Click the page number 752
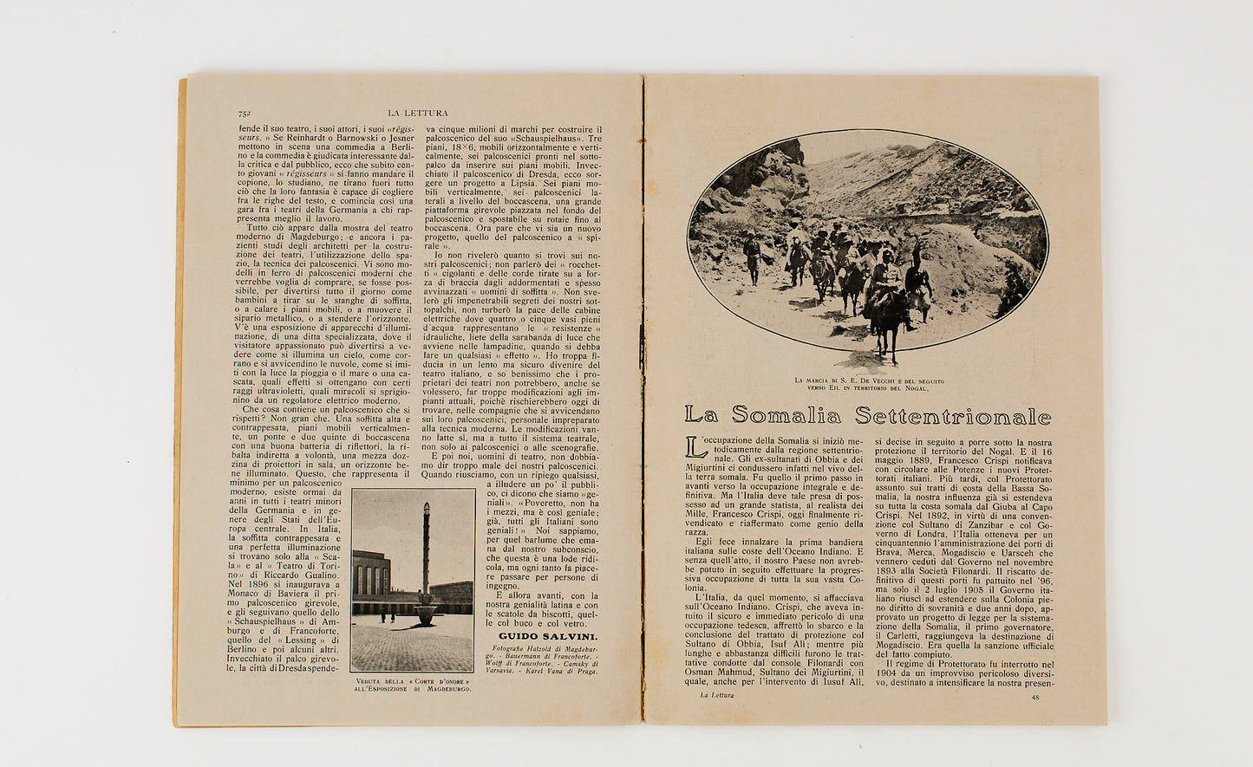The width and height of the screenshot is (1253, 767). coord(245,114)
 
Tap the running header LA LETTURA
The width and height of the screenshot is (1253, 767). coord(418,113)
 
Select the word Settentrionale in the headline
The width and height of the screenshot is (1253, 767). coord(953,416)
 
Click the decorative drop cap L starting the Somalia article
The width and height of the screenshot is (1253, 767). coord(691,447)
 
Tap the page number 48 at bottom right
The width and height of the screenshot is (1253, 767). coord(1034,696)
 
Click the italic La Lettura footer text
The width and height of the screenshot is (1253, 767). coord(716,695)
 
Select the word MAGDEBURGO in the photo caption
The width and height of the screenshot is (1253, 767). coord(444,689)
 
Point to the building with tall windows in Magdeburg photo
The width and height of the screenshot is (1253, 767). coord(372,575)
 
